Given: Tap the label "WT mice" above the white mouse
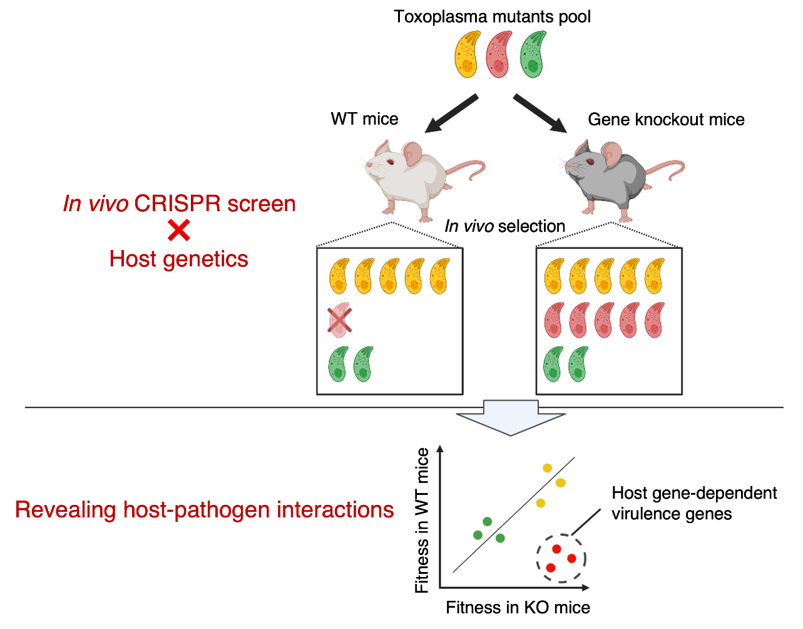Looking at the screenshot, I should point(365,119).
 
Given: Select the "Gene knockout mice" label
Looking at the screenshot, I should point(666,119).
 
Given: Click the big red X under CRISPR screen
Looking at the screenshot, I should point(179,232).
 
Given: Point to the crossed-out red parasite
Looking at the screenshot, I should point(339,319).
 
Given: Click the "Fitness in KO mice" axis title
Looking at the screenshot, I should point(518,607).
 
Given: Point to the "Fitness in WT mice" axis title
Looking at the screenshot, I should point(423,520).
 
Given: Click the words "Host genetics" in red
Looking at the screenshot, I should point(179,259).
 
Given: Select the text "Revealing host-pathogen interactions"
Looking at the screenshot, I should point(205,510).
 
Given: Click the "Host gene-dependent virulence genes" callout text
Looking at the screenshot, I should point(694,504).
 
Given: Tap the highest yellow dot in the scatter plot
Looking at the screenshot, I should point(547,467).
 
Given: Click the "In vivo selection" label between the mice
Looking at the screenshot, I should point(504,226).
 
